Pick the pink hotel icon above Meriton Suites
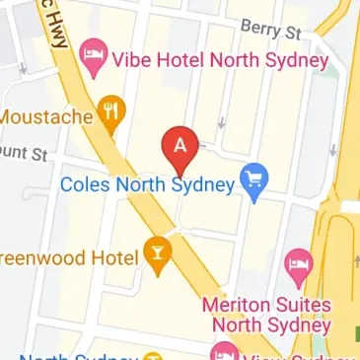[x=297, y=263]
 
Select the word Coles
[x=84, y=184]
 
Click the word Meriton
[x=238, y=305]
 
